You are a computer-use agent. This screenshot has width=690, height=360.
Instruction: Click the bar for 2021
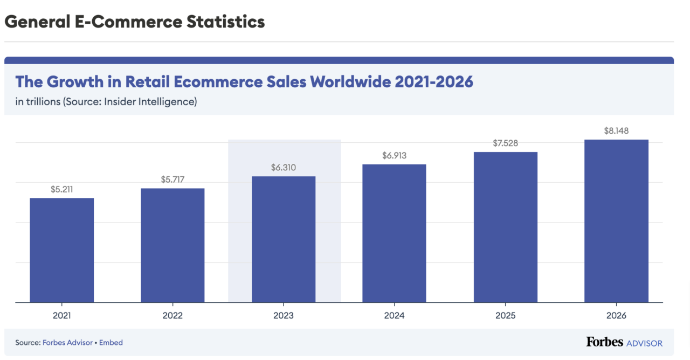coord(61,250)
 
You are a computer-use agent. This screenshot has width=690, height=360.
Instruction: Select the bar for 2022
coord(172,245)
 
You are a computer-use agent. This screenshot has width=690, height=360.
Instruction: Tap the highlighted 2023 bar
coord(284,239)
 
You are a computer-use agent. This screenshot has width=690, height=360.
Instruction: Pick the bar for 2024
coord(394,233)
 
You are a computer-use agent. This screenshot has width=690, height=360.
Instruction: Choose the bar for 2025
coord(505,227)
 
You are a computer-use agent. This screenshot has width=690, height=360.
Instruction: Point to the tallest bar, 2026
coord(616,221)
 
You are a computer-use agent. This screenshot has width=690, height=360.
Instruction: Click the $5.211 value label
coord(61,189)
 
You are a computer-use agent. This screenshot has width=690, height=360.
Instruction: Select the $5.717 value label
coord(172,179)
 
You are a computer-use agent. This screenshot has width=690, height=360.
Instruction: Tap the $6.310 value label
coord(284,168)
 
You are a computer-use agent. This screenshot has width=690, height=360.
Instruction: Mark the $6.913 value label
coord(394,156)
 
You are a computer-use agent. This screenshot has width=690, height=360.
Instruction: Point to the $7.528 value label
coord(505,143)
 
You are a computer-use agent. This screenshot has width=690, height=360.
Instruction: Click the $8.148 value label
coord(616,131)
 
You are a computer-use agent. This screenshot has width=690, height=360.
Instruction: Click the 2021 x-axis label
coord(61,316)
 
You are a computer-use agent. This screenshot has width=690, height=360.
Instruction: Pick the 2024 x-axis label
coord(394,316)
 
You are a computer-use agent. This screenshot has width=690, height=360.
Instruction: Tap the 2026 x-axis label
coord(616,316)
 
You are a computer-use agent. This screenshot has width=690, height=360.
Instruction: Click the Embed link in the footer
coord(111,342)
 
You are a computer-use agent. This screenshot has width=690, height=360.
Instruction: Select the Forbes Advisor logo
coord(624,342)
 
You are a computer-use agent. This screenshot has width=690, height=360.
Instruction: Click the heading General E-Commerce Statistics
coord(135,22)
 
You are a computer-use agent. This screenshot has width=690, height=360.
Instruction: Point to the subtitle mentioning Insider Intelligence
coord(106,101)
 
